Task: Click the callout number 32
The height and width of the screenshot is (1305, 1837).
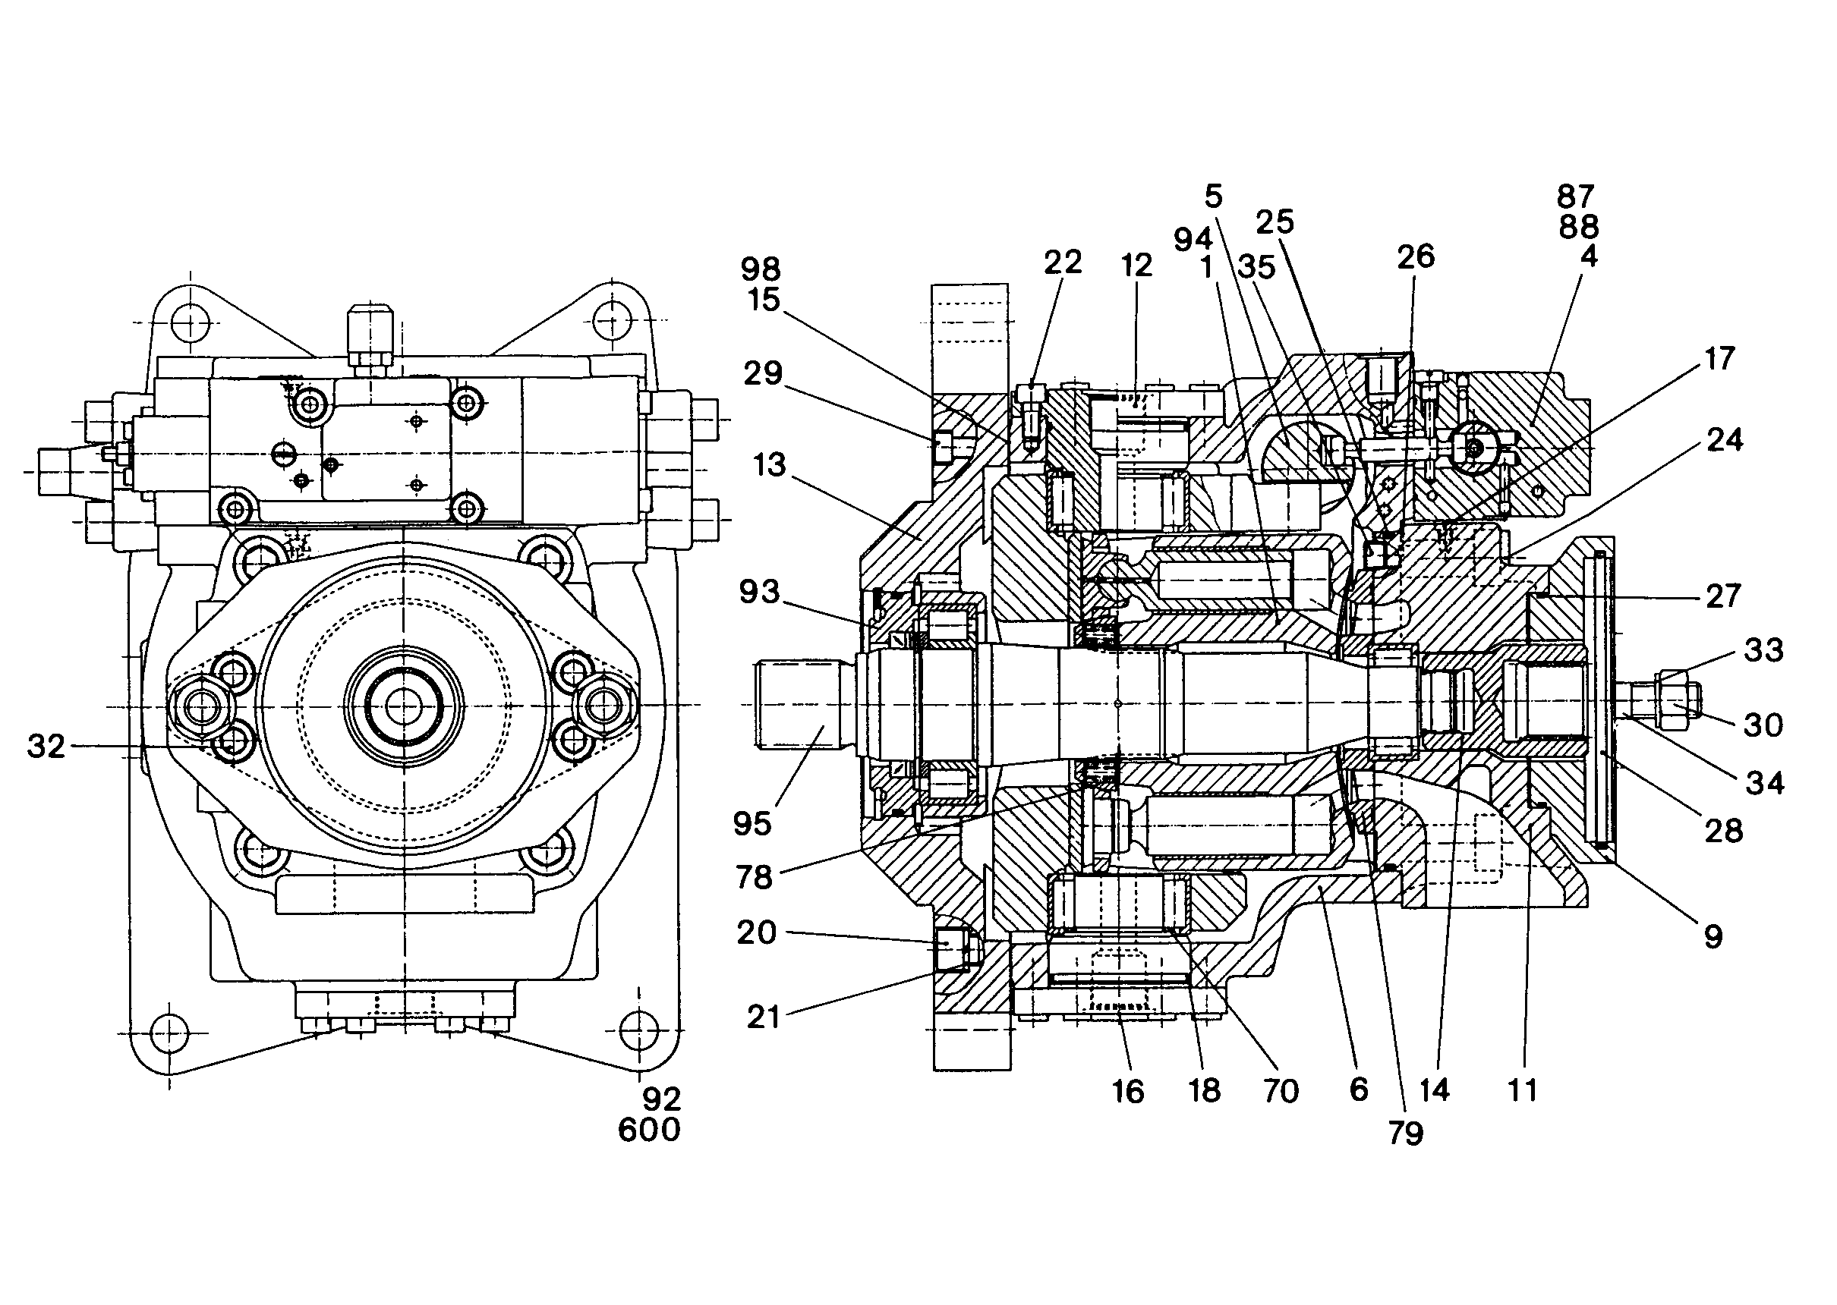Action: tap(46, 747)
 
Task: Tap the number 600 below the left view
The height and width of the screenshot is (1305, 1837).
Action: tap(649, 1130)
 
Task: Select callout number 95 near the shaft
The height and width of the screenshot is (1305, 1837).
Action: tap(752, 824)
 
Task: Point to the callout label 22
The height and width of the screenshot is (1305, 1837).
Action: tap(1063, 262)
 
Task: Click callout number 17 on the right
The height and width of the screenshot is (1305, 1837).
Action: tap(1719, 358)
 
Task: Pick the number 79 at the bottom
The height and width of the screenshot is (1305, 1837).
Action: tap(1405, 1133)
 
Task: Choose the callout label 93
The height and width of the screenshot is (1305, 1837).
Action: tap(760, 593)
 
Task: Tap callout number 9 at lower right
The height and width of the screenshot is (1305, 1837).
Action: tap(1713, 936)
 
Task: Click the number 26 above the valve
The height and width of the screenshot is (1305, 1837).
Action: tap(1416, 256)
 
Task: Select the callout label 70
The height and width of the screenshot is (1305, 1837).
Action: tap(1281, 1091)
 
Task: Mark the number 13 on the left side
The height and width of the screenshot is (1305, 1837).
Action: tap(770, 464)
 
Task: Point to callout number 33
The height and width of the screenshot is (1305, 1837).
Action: tap(1764, 649)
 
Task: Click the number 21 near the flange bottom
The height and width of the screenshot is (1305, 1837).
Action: tap(763, 1017)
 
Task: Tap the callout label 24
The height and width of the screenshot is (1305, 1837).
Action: tap(1725, 439)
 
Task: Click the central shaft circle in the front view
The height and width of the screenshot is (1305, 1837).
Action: tap(404, 706)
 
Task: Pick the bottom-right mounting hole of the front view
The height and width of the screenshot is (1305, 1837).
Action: tap(638, 1029)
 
